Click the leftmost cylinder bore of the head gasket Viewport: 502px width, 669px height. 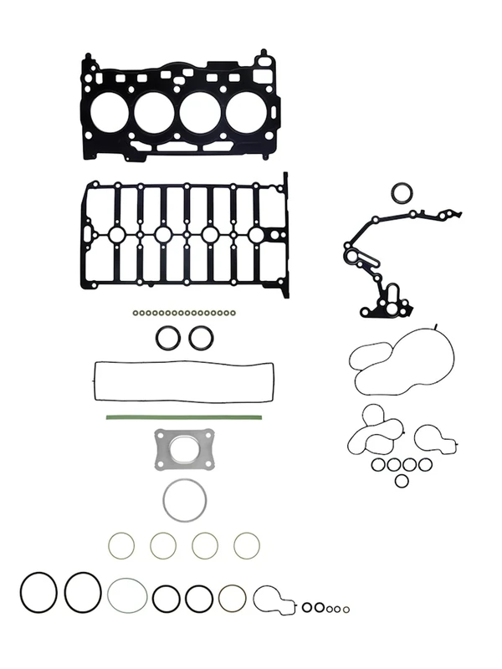pyautogui.click(x=108, y=112)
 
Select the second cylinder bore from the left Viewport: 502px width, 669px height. pyautogui.click(x=155, y=112)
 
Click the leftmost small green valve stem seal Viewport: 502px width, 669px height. pyautogui.click(x=135, y=314)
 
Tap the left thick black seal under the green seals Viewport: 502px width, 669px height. pyautogui.click(x=168, y=338)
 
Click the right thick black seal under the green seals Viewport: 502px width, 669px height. pyautogui.click(x=200, y=338)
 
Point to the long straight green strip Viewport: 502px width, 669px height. pyautogui.click(x=184, y=417)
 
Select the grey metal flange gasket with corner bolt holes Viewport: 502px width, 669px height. pyautogui.click(x=183, y=449)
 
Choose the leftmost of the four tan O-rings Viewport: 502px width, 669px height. pyautogui.click(x=121, y=546)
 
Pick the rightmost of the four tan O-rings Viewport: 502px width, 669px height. pyautogui.click(x=246, y=546)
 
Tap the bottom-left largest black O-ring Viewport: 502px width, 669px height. pyautogui.click(x=38, y=592)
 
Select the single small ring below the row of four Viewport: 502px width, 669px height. pyautogui.click(x=402, y=480)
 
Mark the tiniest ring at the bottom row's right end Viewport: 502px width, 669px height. pyautogui.click(x=346, y=609)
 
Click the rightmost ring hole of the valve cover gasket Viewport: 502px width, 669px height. pyautogui.click(x=255, y=235)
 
